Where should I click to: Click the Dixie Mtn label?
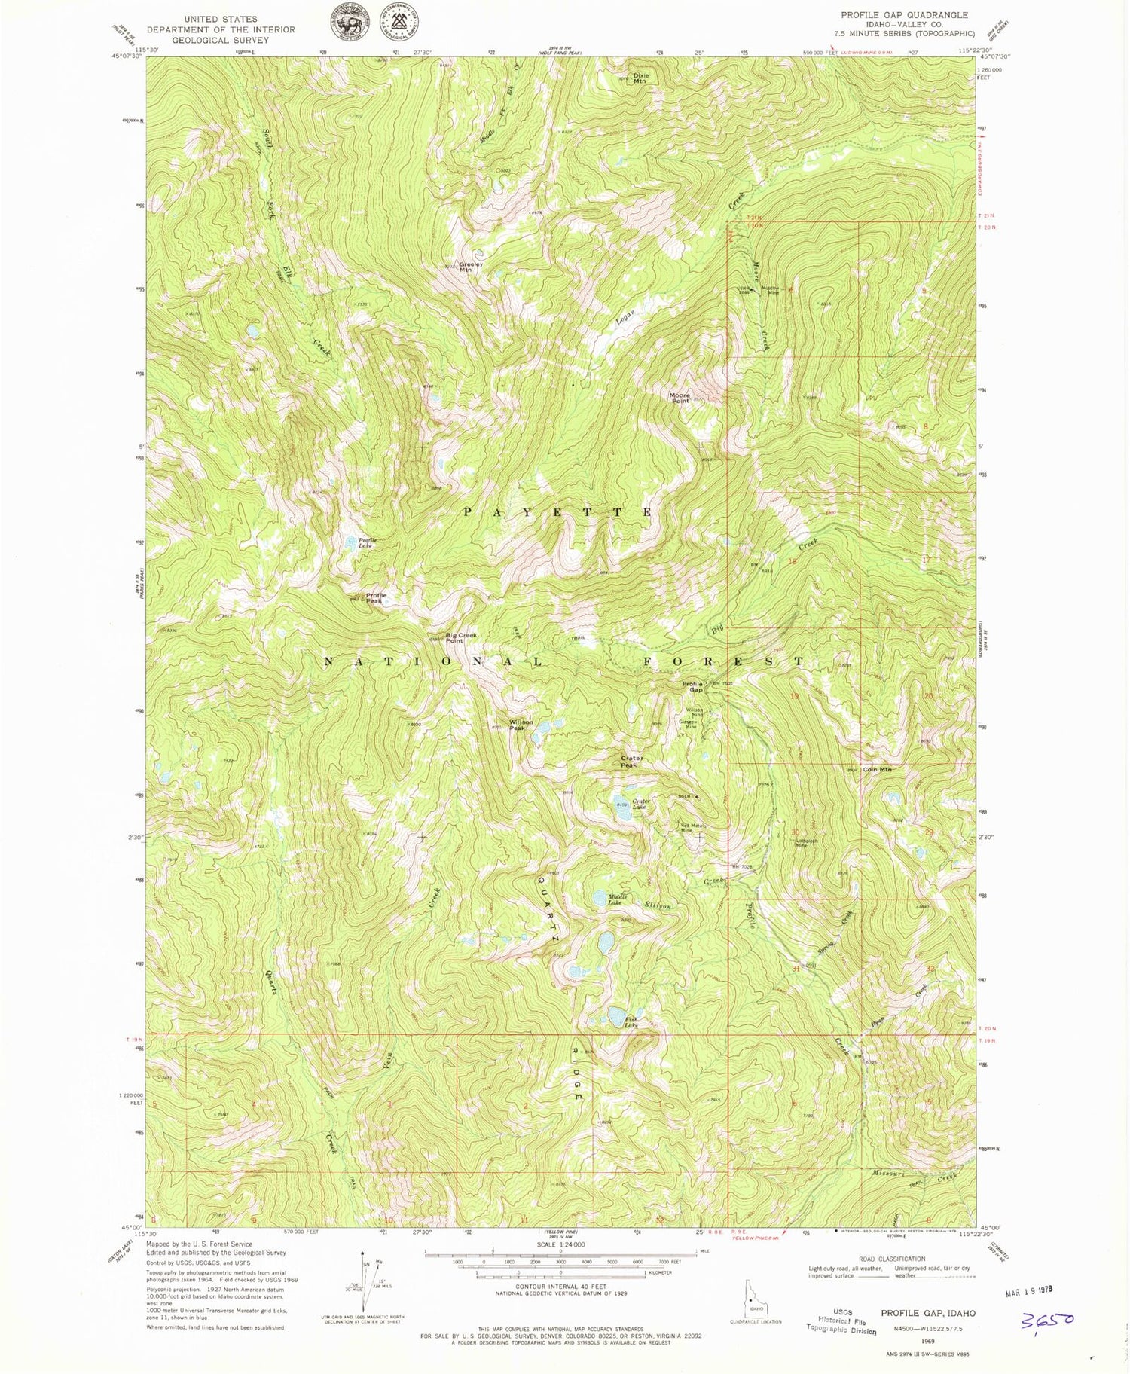[640, 78]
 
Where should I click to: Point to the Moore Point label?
[680, 398]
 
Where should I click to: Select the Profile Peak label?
[374, 599]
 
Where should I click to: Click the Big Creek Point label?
[461, 637]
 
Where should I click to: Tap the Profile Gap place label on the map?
[692, 686]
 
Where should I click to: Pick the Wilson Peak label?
[521, 725]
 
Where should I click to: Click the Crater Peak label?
[630, 762]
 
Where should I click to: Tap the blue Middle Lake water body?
[600, 898]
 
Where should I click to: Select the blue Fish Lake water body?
[615, 1013]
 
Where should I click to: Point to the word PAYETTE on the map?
[557, 512]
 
